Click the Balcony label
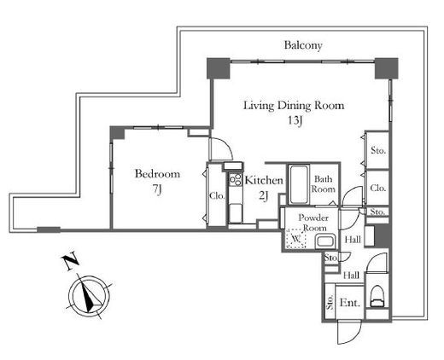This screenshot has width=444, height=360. point(303,45)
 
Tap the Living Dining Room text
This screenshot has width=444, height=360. point(294,106)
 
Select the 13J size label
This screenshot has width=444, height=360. point(295,121)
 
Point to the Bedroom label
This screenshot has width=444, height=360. point(157,174)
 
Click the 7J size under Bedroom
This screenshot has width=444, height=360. point(157,189)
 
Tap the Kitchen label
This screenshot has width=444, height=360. point(264,180)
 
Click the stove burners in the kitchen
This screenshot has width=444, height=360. point(236,180)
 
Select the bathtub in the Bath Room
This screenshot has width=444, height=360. point(299,184)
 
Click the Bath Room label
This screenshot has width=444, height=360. point(323,184)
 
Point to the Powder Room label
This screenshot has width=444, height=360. point(313,223)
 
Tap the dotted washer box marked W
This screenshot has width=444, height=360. point(296,238)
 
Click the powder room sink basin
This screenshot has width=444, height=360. point(324,242)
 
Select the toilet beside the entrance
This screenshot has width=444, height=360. point(377,296)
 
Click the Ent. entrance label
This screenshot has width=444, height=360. point(350,303)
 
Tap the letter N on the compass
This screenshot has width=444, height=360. point(70,261)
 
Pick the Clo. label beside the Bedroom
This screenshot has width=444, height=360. point(217,196)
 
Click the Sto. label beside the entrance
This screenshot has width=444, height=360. point(330,302)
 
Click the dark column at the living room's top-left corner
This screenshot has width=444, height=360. point(219,68)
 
